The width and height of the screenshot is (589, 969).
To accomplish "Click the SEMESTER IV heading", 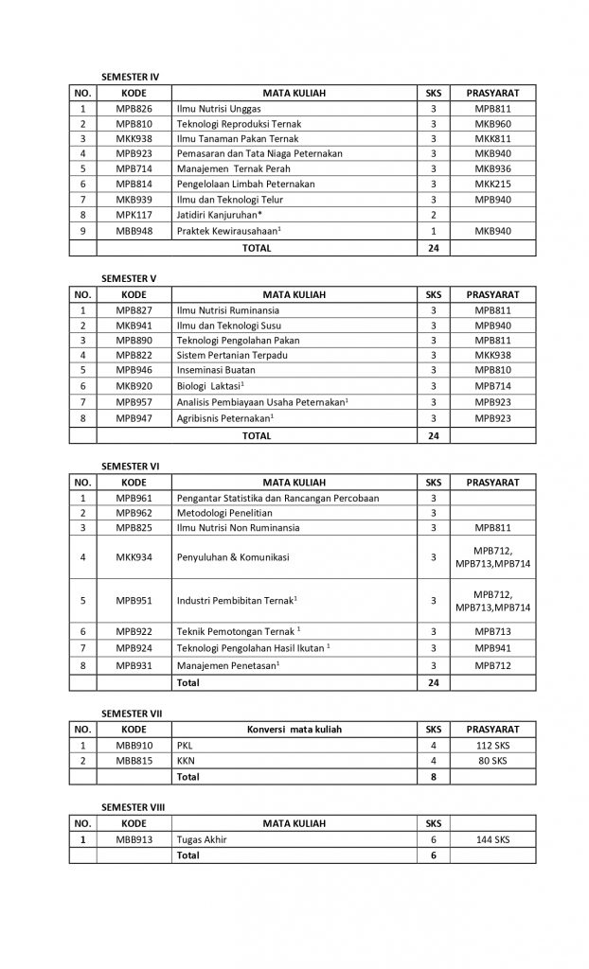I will [x=131, y=77].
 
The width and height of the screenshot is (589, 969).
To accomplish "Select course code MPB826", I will [x=134, y=109].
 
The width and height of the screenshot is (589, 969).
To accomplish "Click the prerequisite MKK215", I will [x=492, y=184].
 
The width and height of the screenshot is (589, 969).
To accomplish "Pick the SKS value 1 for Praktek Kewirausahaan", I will [x=434, y=231].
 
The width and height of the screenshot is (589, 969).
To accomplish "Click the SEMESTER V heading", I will [x=130, y=278].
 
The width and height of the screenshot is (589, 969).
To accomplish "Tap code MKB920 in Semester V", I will [x=134, y=386].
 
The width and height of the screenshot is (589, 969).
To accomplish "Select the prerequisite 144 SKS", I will [x=492, y=838].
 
